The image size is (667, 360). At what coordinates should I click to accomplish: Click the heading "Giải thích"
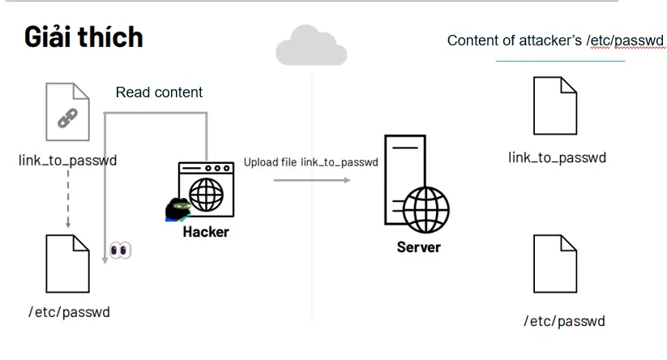point(83,36)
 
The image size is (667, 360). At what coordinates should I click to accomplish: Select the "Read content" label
point(159,92)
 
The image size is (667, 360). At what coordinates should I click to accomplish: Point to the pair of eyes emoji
point(120,250)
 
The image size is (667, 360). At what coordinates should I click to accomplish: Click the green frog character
point(177,210)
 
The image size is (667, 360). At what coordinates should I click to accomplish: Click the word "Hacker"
point(206,232)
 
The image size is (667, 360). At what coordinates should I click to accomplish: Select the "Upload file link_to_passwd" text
point(311,162)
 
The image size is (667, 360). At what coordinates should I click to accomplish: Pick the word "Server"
point(418,247)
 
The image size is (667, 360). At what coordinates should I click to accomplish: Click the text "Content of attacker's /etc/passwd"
point(555,41)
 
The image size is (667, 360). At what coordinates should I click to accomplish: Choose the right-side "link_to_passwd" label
point(557,156)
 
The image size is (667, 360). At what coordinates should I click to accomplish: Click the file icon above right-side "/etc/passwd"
point(555,264)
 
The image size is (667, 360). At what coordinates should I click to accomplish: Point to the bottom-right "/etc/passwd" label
point(564,321)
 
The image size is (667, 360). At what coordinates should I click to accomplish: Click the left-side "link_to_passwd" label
point(67,160)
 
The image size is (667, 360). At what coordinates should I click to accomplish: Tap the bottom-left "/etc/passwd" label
point(69,311)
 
